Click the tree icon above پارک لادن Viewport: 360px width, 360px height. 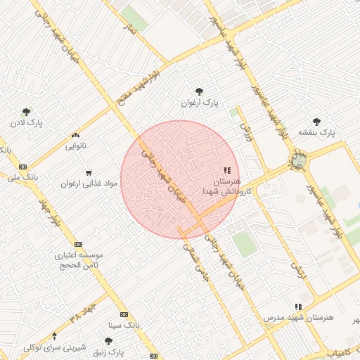27,111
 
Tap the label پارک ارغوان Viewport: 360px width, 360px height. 198,103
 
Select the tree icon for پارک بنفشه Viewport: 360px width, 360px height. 316,121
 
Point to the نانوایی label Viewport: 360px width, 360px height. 75,146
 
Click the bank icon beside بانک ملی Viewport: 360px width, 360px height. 23,167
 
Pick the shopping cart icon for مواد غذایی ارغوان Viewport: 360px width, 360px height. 89,172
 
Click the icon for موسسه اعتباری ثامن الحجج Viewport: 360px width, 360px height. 77,243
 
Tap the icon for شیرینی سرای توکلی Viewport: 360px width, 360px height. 108,341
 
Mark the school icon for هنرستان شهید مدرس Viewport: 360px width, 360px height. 299,307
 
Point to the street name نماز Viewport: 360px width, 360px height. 129,29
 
